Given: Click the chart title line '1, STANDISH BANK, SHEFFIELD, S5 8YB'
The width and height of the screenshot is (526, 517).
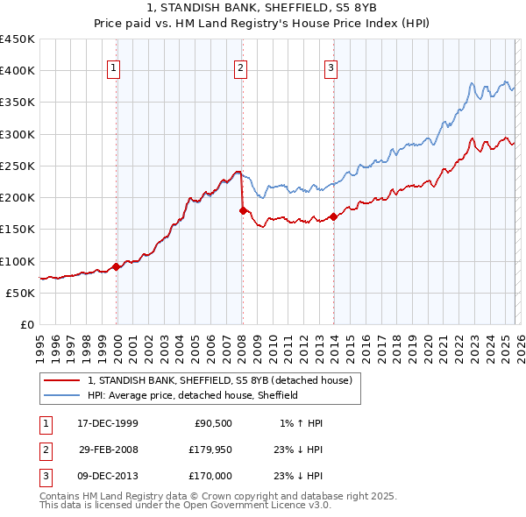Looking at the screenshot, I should pos(262,10).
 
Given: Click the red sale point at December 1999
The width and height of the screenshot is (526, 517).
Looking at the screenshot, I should pos(117,267).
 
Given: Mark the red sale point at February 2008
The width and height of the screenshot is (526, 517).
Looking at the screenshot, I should pos(243,210).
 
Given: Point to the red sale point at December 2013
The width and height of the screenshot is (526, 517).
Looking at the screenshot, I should pos(334,216).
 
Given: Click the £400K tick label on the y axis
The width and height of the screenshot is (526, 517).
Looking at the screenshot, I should pos(18,71).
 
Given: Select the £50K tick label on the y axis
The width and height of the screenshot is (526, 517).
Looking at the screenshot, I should pos(21,293).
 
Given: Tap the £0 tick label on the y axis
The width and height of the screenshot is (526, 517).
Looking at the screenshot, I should pos(27,324).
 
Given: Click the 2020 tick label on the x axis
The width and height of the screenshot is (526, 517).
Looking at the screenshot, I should pos(428,344).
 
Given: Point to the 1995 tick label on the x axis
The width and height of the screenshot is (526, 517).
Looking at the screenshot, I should pos(40,344).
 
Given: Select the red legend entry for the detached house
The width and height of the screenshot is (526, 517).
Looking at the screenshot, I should pos(219,381).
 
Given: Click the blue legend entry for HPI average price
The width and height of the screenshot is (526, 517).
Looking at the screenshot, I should pos(193,396).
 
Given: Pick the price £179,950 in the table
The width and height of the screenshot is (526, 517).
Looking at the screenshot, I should pos(208,450).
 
